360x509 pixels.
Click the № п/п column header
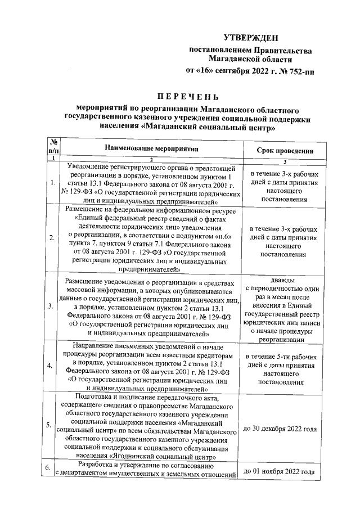coord(54,147)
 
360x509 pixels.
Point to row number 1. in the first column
coord(52,183)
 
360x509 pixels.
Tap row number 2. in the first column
coord(52,238)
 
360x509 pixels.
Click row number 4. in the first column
coord(52,366)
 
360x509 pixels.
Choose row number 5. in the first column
coord(52,425)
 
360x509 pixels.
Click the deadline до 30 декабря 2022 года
coord(279,429)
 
